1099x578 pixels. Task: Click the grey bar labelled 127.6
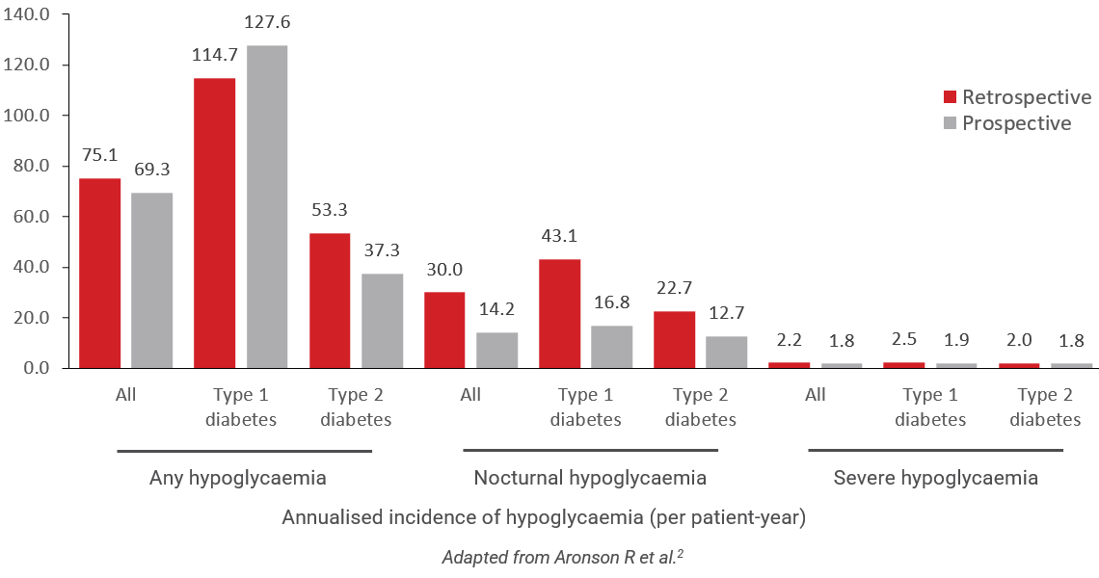266,207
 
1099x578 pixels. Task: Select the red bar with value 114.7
214,223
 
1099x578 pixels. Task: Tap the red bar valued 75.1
100,274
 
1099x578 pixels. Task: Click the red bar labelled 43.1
559,314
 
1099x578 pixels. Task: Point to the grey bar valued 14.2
497,351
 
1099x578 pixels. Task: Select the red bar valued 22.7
674,340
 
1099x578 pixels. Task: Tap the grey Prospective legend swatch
949,123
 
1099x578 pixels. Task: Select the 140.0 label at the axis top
37,14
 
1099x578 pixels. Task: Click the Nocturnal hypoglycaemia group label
590,478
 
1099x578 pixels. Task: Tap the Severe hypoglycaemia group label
935,478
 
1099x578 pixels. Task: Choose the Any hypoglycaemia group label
238,478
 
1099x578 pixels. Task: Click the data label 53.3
330,209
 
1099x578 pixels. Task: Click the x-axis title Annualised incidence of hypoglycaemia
544,517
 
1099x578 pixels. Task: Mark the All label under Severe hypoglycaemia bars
816,395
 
